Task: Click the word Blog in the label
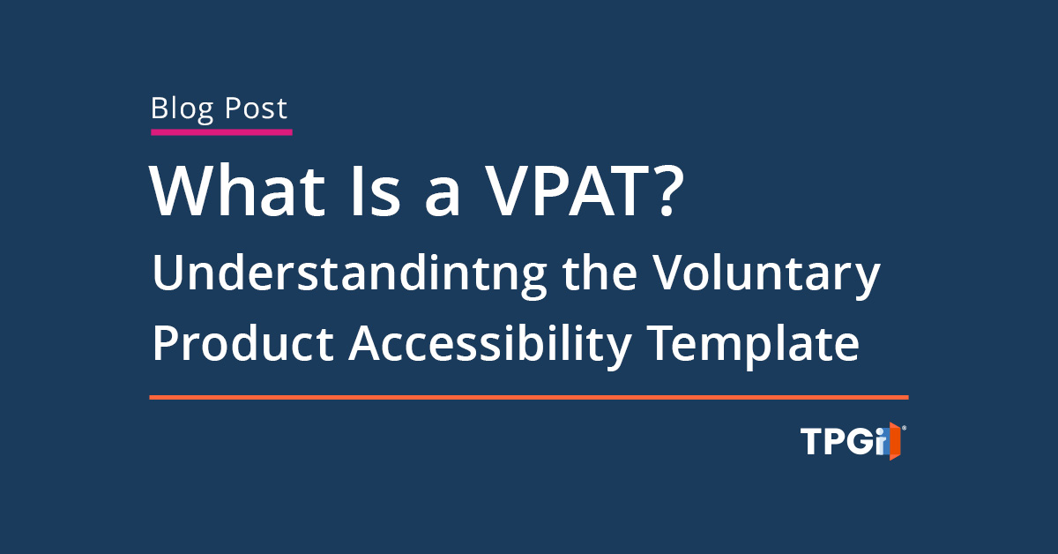(x=182, y=109)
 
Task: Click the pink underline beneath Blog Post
(x=220, y=132)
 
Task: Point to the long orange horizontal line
(x=529, y=397)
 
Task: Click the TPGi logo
(x=852, y=441)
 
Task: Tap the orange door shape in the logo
(x=893, y=441)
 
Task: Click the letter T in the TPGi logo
(x=811, y=441)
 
